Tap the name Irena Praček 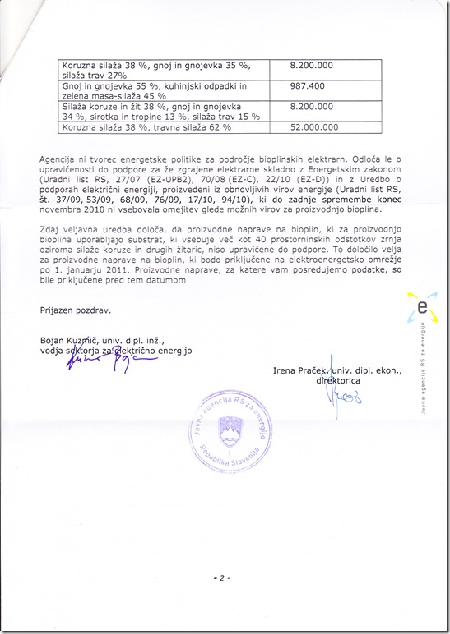tap(300, 371)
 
